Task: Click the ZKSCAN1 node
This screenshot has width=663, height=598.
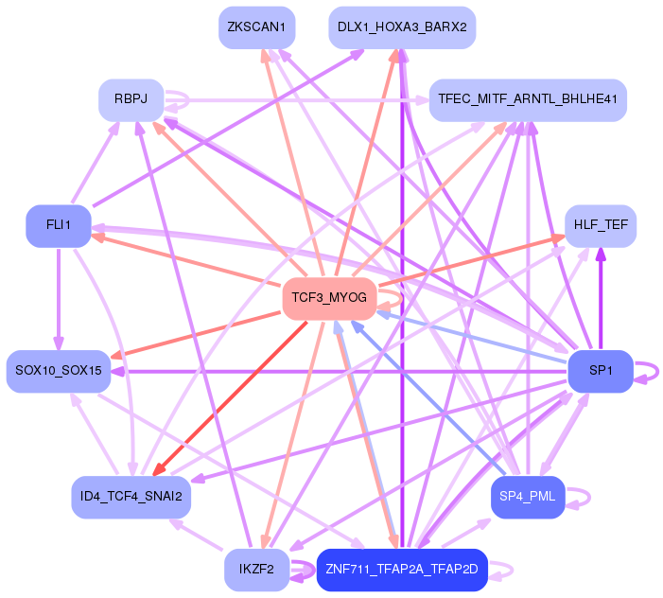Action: (256, 27)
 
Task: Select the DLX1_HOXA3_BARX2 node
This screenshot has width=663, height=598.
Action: (402, 27)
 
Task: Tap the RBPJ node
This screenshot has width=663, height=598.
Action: (131, 99)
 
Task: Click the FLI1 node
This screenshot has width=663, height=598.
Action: (58, 226)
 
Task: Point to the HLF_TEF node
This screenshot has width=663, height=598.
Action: (601, 226)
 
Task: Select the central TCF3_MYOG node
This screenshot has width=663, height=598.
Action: (329, 298)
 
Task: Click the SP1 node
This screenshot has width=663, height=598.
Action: (601, 370)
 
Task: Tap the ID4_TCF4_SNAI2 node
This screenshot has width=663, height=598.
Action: (131, 497)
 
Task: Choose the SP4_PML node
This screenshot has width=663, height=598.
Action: (528, 497)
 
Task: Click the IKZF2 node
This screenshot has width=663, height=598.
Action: (256, 569)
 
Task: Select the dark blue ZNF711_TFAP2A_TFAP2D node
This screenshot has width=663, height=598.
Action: (402, 569)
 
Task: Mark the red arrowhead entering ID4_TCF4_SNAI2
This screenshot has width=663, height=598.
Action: (160, 469)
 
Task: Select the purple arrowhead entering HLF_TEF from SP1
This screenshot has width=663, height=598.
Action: (600, 254)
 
